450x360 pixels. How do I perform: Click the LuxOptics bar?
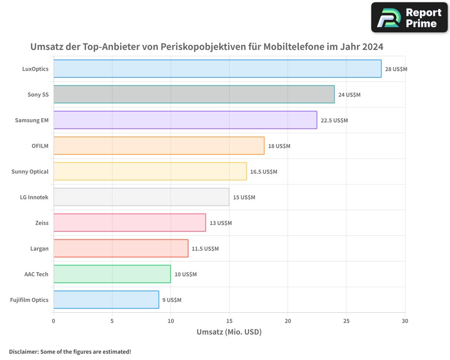(217, 69)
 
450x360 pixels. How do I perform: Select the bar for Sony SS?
(194, 94)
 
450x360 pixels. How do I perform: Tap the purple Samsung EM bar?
(185, 120)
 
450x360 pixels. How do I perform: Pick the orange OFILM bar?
(159, 146)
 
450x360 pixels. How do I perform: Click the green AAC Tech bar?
(112, 274)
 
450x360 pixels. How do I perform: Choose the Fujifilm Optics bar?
(106, 300)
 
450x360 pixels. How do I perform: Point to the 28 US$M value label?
(396, 69)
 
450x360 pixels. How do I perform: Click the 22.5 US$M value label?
(334, 121)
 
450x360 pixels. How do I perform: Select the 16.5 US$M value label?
(264, 172)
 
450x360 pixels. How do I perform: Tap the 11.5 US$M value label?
(205, 249)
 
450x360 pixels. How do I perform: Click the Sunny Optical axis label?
(30, 171)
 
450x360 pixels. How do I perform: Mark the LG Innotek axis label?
(34, 197)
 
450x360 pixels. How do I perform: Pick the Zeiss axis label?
(41, 223)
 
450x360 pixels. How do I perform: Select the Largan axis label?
(39, 248)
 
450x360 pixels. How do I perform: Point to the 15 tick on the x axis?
(229, 321)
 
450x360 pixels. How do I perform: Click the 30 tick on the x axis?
(405, 321)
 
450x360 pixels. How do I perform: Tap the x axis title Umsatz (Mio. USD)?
(229, 332)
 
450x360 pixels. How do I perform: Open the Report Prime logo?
(409, 18)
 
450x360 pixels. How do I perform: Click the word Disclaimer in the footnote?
(23, 351)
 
